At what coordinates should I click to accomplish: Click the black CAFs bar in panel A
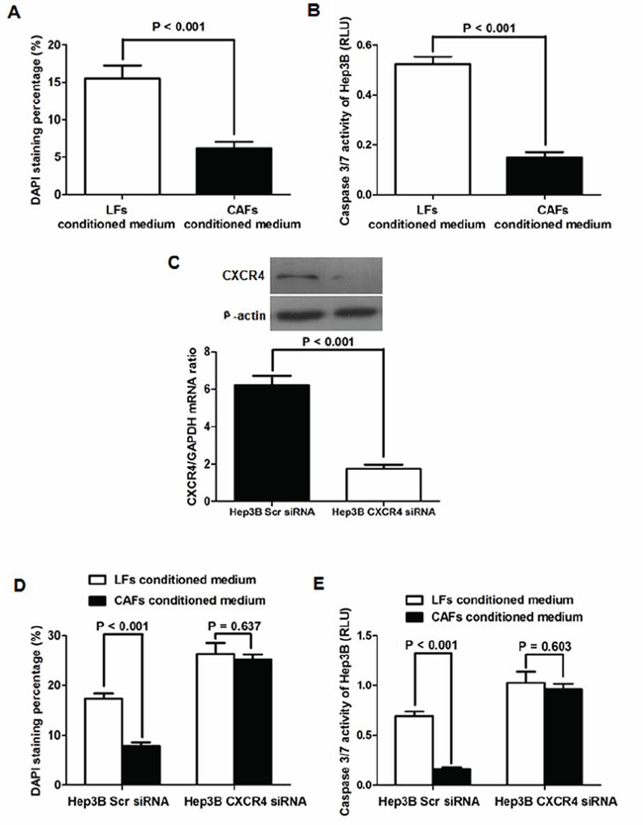pyautogui.click(x=234, y=171)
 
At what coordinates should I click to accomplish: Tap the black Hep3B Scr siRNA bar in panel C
pyautogui.click(x=272, y=442)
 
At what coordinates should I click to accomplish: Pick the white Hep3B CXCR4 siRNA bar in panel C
pyautogui.click(x=384, y=485)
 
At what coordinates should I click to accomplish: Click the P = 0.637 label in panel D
pyautogui.click(x=234, y=626)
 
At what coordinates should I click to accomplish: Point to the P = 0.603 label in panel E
pyautogui.click(x=545, y=646)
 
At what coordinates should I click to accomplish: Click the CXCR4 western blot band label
pyautogui.click(x=243, y=276)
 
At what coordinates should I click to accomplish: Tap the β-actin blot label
pyautogui.click(x=244, y=316)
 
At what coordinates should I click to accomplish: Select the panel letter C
pyautogui.click(x=174, y=262)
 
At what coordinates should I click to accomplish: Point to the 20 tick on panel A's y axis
pyautogui.click(x=53, y=45)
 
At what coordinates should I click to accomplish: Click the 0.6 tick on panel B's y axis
pyautogui.click(x=362, y=46)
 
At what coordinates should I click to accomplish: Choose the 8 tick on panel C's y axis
pyautogui.click(x=207, y=351)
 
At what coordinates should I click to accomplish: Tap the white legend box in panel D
pyautogui.click(x=97, y=580)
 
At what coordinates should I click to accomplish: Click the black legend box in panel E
pyautogui.click(x=415, y=616)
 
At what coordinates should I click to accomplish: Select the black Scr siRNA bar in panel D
pyautogui.click(x=141, y=765)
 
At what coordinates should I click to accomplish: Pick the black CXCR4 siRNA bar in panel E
pyautogui.click(x=564, y=737)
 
